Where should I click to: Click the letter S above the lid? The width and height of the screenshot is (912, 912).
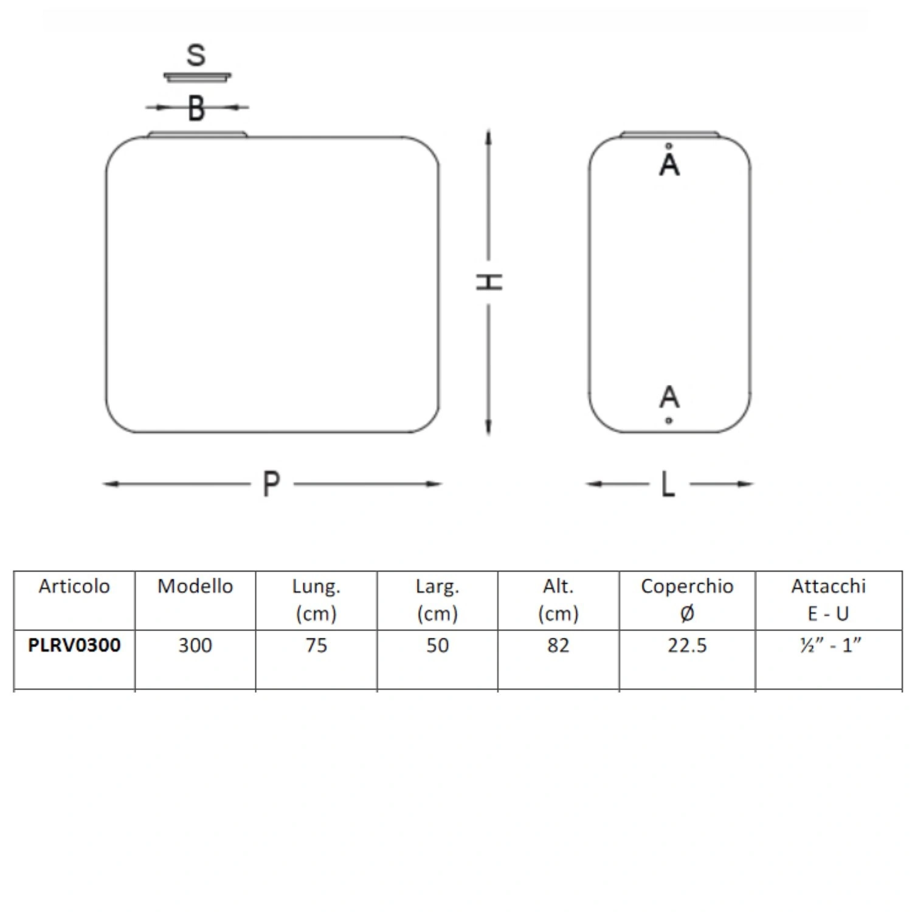[x=196, y=55]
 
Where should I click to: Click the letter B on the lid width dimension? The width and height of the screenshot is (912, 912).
[x=196, y=108]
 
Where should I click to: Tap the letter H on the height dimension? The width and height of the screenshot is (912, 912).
[x=489, y=282]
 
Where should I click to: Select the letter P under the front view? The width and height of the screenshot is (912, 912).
[x=271, y=485]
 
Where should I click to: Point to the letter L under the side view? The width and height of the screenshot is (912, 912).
[x=668, y=485]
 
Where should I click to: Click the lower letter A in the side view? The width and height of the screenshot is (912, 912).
[x=669, y=396]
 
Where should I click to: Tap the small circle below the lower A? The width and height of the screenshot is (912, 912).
[x=669, y=420]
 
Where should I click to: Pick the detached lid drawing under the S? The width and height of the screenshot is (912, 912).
[x=197, y=77]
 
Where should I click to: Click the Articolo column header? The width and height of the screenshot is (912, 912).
[x=74, y=586]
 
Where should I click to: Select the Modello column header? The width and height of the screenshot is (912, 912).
[x=195, y=586]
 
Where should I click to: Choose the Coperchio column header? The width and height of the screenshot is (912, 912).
[x=687, y=586]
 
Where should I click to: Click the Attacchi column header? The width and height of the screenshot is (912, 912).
[x=828, y=586]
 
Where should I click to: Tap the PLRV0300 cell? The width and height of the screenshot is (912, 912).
[x=74, y=645]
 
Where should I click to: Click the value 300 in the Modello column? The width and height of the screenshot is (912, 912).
[x=195, y=645]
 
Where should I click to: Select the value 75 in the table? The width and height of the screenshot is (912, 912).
[x=316, y=645]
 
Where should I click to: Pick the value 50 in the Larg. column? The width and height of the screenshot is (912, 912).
[x=437, y=645]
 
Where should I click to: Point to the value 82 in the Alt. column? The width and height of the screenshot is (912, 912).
[x=558, y=645]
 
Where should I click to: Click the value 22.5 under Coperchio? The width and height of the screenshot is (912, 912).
[x=687, y=645]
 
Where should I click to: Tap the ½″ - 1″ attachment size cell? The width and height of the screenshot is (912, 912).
[x=831, y=645]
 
